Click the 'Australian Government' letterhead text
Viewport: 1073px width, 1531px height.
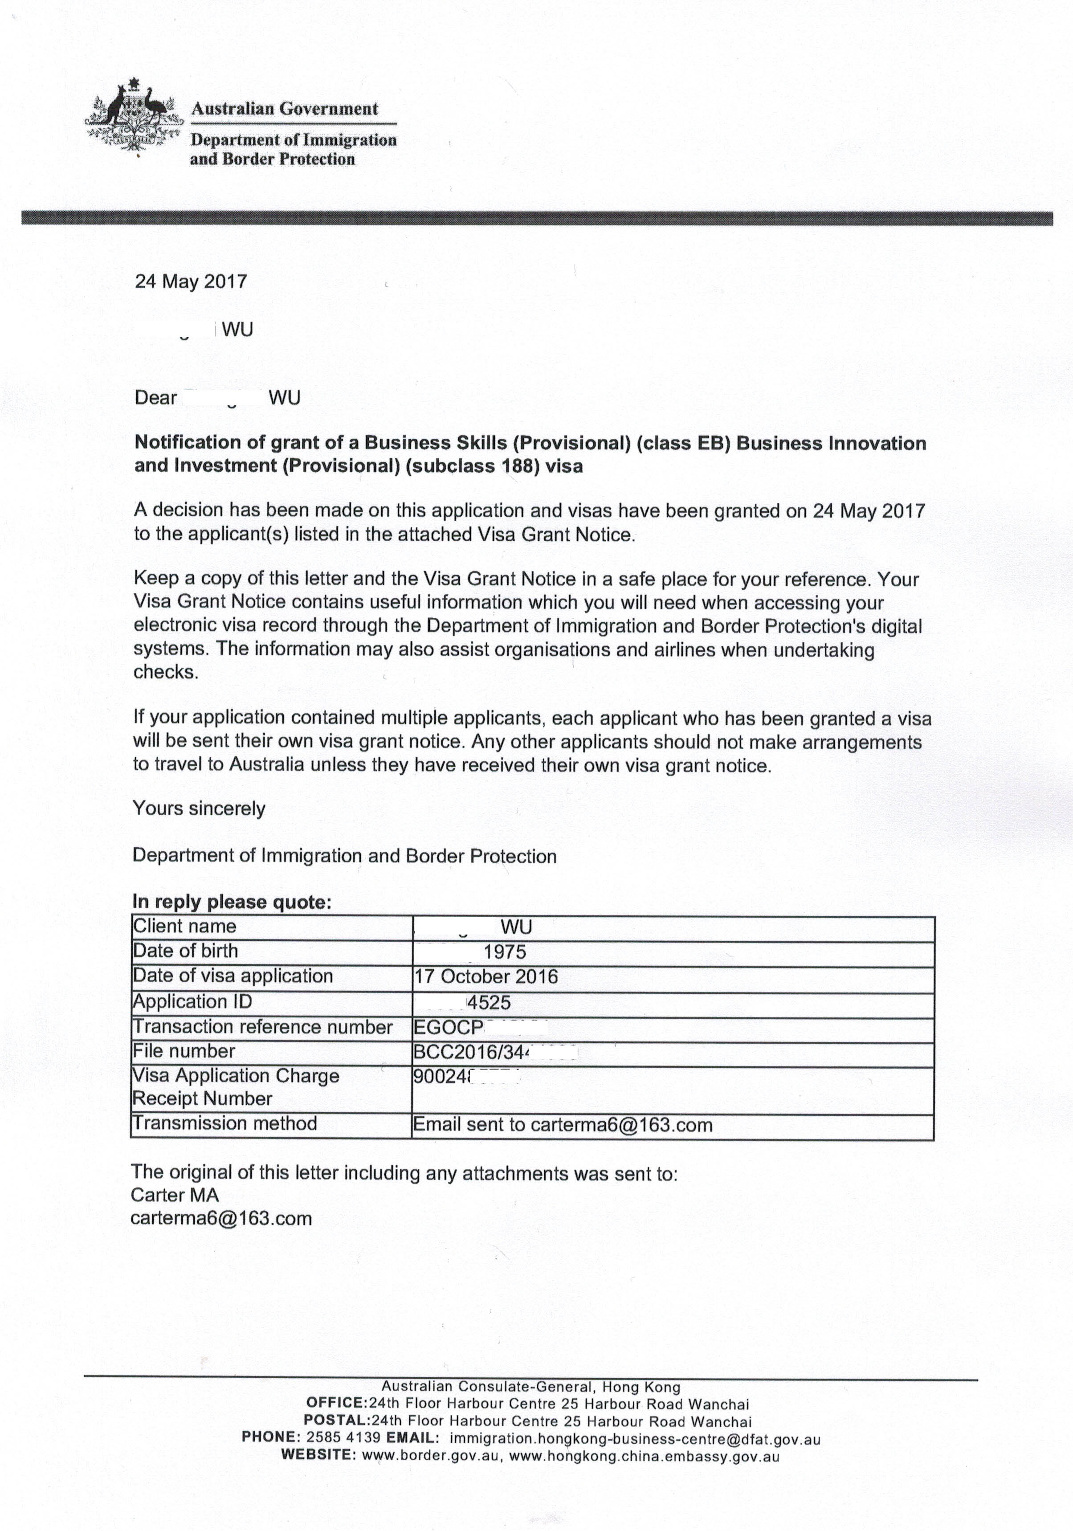[x=285, y=109]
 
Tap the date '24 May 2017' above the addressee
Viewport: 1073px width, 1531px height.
[x=191, y=282]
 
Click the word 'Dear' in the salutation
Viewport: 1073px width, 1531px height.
[x=155, y=398]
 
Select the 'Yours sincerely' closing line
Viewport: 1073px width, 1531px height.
[x=199, y=809]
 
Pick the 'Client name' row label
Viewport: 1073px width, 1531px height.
[x=185, y=926]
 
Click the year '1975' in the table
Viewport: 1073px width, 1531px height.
[x=505, y=952]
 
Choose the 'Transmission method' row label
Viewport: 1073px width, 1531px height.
[x=225, y=1123]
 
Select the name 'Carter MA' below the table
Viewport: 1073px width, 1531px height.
[x=175, y=1195]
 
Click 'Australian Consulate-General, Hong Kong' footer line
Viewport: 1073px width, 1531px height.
[x=531, y=1388]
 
